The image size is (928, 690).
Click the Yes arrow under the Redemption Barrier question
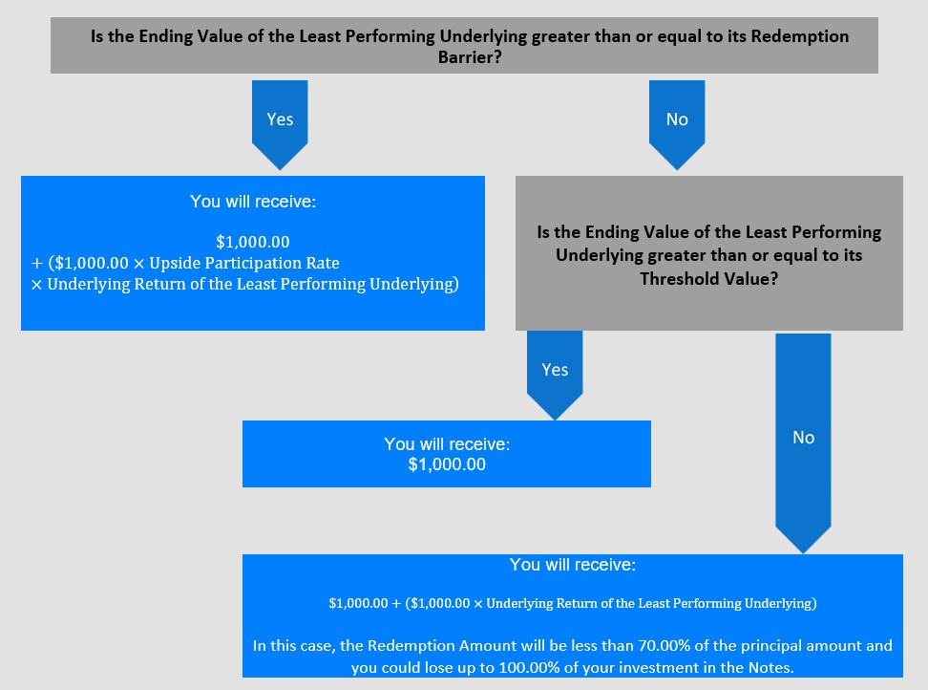280,125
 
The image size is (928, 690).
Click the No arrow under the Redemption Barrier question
677,125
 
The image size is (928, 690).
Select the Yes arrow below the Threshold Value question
555,376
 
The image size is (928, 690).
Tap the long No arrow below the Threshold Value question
803,443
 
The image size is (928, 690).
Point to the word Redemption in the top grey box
799,36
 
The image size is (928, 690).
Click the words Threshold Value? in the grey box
709,278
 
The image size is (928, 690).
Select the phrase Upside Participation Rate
244,263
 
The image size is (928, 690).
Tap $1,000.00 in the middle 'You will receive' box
447,464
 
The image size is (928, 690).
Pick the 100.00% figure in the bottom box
529,668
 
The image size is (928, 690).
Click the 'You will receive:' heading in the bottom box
573,565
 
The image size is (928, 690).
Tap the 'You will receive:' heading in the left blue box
253,202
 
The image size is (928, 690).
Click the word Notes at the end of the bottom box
770,668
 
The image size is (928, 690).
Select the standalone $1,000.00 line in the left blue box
253,242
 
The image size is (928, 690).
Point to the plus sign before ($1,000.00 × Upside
37,264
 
